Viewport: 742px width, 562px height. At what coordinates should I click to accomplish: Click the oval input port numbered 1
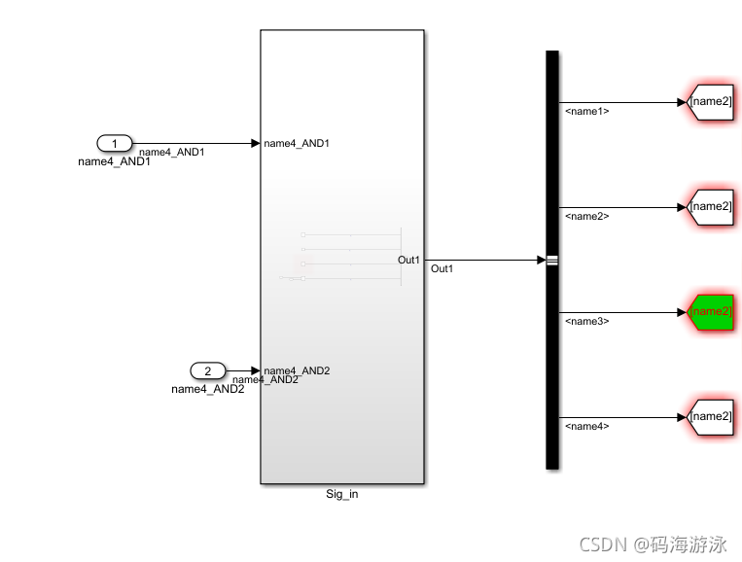[x=114, y=144]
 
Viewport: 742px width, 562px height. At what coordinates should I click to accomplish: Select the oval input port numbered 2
[x=206, y=370]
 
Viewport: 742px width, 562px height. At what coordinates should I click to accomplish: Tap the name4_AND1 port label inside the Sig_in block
[x=297, y=144]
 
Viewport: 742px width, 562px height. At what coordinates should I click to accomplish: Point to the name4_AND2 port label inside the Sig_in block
[x=297, y=370]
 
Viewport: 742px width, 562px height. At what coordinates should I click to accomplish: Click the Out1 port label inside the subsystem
[x=408, y=260]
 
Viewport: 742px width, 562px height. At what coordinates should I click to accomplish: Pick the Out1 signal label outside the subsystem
[x=442, y=269]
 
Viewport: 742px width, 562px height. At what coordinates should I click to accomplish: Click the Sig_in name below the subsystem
[x=341, y=494]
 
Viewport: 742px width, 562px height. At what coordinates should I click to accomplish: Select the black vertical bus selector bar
[x=552, y=260]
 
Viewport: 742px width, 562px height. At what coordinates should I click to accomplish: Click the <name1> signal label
[x=586, y=111]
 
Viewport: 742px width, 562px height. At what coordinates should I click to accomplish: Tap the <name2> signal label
[x=586, y=216]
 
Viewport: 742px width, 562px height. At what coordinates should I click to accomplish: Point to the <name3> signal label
[x=586, y=321]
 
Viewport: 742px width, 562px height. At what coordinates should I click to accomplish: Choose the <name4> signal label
[x=586, y=426]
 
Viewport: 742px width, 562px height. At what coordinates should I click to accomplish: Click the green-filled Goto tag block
[x=709, y=312]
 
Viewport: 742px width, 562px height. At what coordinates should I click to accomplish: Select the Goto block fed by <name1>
[x=709, y=101]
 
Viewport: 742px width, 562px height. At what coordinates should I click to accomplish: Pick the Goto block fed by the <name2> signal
[x=709, y=206]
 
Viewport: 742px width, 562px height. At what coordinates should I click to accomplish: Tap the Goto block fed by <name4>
[x=709, y=416]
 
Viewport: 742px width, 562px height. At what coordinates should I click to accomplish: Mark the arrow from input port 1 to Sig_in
[x=194, y=144]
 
